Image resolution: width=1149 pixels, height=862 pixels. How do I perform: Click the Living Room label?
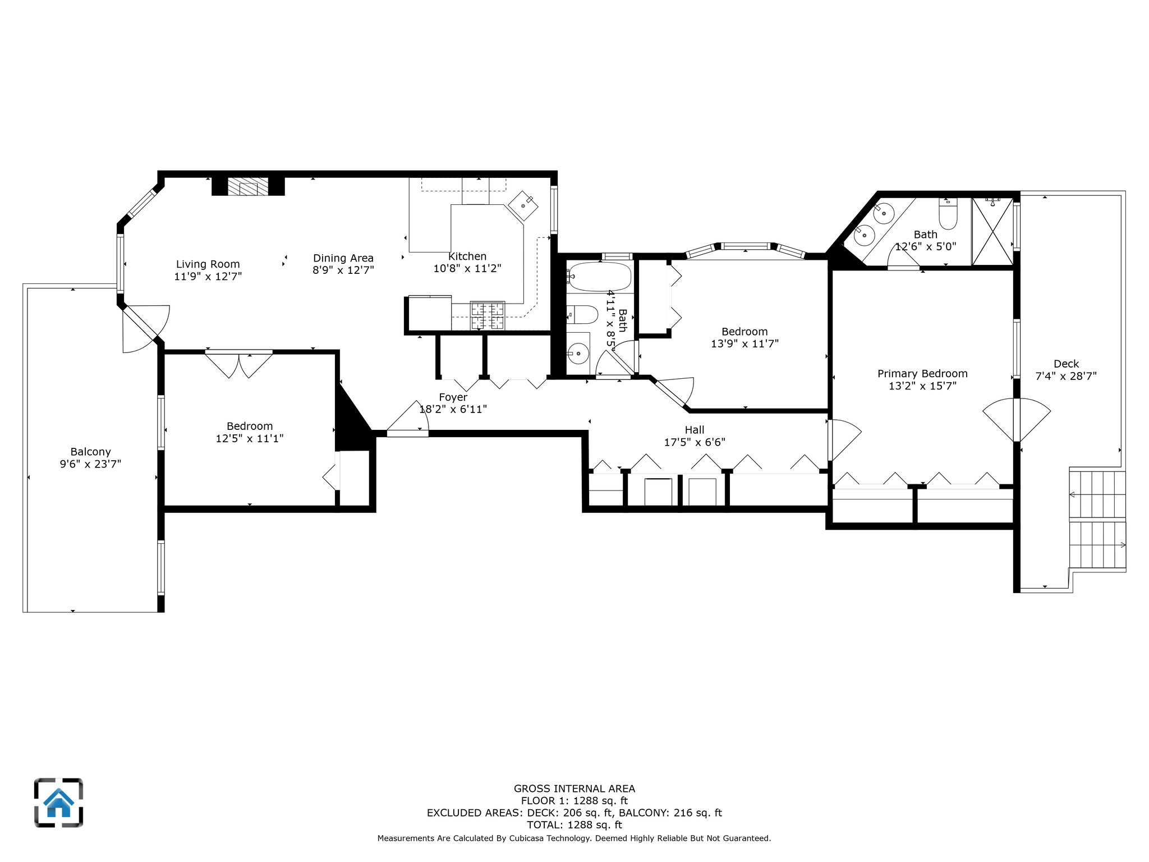208,264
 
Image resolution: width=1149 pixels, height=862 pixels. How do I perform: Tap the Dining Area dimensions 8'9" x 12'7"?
343,270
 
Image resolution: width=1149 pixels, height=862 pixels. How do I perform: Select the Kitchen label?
467,256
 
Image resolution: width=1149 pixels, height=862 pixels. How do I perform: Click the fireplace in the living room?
248,186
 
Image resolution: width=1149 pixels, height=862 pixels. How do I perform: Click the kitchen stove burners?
487,316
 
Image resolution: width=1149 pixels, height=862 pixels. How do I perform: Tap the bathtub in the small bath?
599,277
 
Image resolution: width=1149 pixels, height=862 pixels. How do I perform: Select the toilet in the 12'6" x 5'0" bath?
948,213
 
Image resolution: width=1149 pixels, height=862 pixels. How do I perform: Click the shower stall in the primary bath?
992,231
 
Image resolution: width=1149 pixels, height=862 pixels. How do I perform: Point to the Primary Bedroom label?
922,374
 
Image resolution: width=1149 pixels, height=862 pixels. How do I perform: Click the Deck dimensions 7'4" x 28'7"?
1066,376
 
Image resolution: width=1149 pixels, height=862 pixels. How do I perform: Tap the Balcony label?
90,452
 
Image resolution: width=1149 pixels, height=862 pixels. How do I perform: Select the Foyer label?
453,397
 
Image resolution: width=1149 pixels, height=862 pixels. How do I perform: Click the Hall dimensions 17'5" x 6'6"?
695,442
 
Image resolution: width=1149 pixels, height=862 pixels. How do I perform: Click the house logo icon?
58,803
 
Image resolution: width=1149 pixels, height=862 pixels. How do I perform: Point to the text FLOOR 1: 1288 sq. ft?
574,801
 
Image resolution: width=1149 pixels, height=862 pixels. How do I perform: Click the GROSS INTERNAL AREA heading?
574,788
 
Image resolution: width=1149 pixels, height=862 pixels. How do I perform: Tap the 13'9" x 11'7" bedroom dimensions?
744,344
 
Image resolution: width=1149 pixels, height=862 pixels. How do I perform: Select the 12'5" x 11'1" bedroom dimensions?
250,438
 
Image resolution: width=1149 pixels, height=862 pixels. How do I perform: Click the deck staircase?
1097,520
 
